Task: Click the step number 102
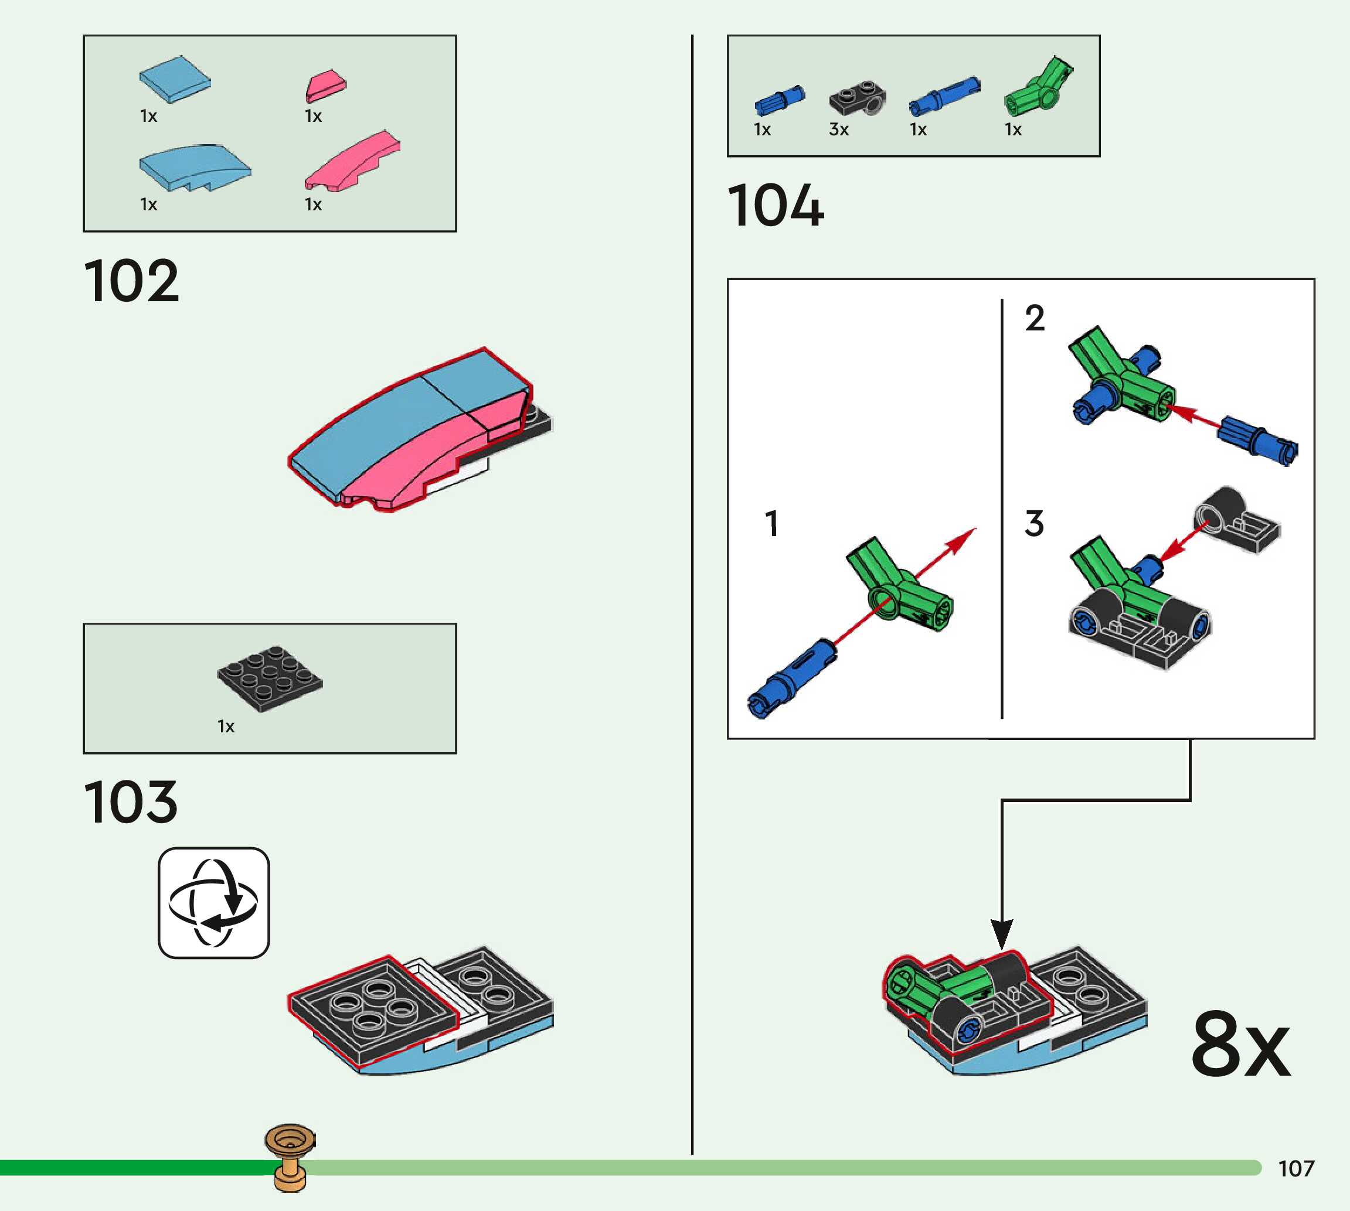pyautogui.click(x=132, y=281)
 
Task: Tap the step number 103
pyautogui.click(x=131, y=803)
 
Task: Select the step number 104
pyautogui.click(x=776, y=206)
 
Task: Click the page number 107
pyautogui.click(x=1295, y=1168)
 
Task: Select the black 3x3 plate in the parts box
pyautogui.click(x=270, y=678)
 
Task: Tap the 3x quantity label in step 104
pyautogui.click(x=838, y=129)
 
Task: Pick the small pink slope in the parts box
pyautogui.click(x=325, y=85)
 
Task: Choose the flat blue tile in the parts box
pyautogui.click(x=175, y=79)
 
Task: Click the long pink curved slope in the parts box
pyautogui.click(x=353, y=162)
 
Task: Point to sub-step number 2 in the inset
pyautogui.click(x=1034, y=318)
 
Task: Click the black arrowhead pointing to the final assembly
pyautogui.click(x=1001, y=933)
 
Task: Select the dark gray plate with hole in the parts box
pyautogui.click(x=858, y=98)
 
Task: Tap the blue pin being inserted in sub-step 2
pyautogui.click(x=1257, y=442)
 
